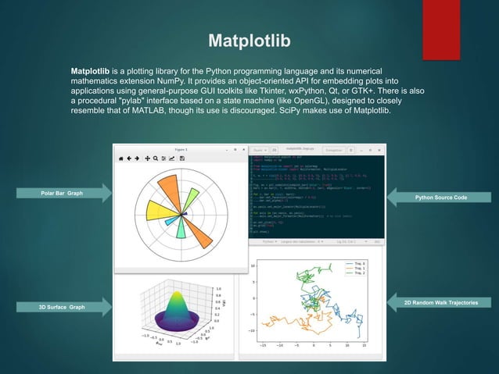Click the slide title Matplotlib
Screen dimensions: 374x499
pos(249,39)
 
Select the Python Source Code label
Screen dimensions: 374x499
pos(442,198)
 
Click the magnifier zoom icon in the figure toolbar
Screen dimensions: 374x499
pos(156,158)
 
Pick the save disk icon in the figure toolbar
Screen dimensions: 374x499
pos(182,158)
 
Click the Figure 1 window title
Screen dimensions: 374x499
pos(181,148)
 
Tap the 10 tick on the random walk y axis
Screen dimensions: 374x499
pos(253,266)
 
